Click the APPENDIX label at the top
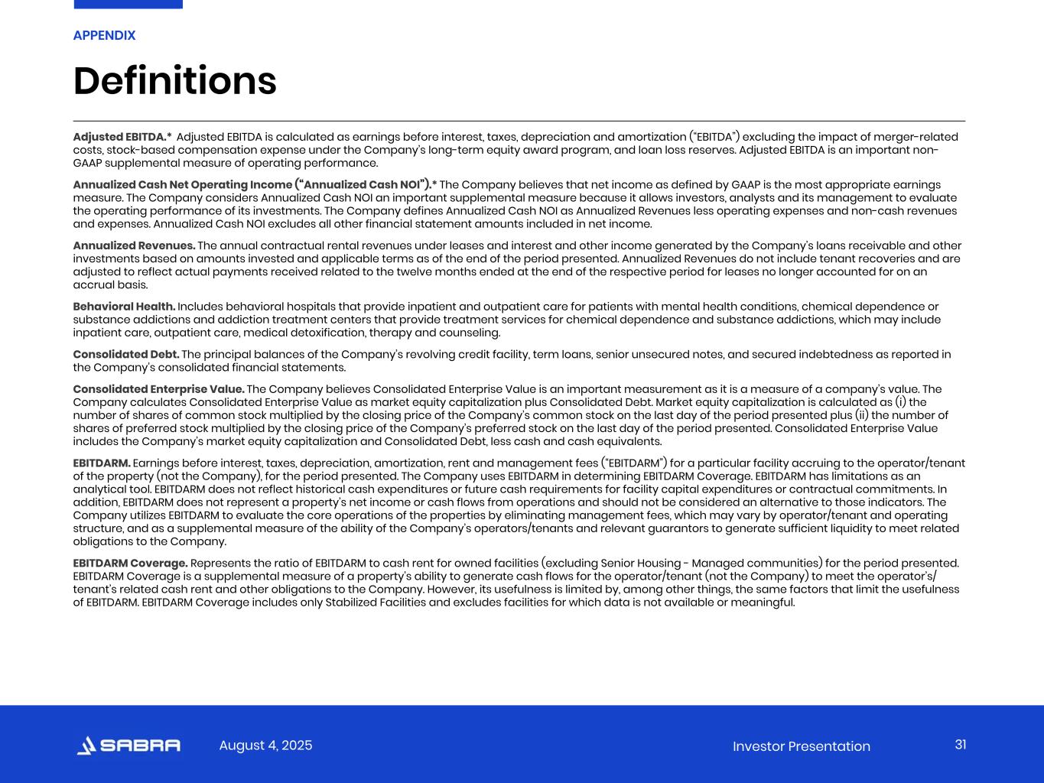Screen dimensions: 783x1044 (104, 35)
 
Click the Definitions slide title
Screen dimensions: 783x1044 (174, 81)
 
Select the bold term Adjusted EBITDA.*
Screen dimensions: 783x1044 (122, 137)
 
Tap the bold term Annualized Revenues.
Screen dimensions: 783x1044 (134, 245)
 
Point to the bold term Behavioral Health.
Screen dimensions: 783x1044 (124, 307)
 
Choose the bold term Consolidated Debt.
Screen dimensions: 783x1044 (126, 354)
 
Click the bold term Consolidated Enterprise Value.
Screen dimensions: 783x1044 (158, 389)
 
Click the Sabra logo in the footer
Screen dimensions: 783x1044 (129, 746)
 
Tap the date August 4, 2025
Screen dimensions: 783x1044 (265, 746)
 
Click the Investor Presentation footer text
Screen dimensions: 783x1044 (801, 746)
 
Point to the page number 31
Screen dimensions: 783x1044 (961, 745)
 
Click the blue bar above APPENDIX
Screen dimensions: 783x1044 (128, 4)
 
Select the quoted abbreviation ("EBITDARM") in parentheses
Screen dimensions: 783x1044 (634, 463)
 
